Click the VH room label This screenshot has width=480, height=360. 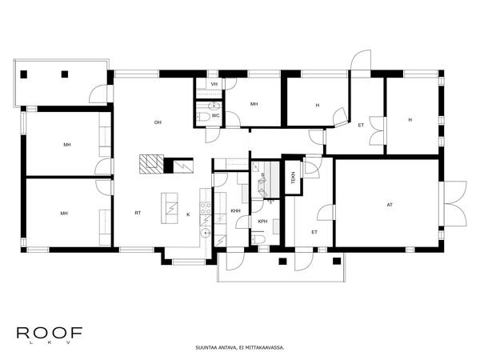point(214,84)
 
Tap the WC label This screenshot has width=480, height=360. point(216,115)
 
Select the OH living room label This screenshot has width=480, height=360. point(158,122)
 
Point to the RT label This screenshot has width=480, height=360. point(138,214)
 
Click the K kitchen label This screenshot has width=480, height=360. point(189,214)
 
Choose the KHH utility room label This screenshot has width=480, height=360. point(235,210)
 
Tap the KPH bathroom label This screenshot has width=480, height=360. point(262,221)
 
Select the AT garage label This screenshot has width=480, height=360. point(390,205)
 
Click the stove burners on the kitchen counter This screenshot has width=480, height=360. point(205,210)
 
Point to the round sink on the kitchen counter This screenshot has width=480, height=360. point(205,234)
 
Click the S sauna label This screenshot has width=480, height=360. point(262,174)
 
